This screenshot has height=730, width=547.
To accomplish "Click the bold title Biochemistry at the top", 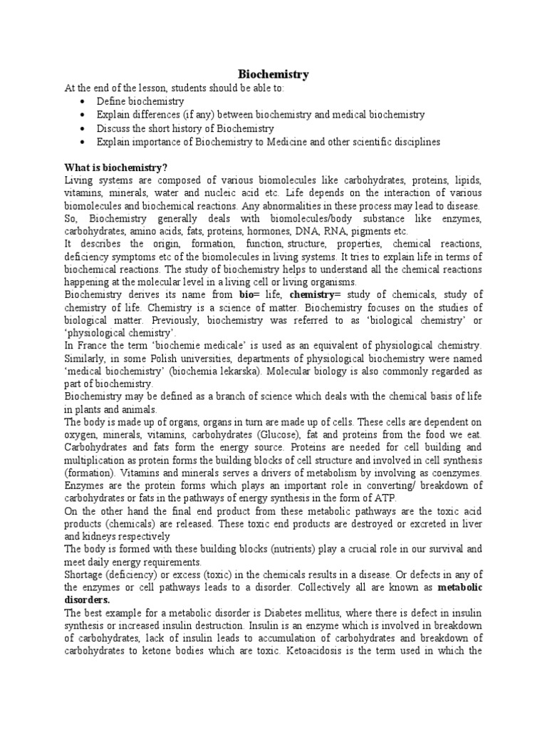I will click(x=273, y=74).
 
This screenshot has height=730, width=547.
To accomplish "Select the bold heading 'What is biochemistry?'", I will click(x=115, y=168).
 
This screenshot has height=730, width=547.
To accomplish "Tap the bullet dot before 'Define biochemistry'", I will click(x=83, y=103).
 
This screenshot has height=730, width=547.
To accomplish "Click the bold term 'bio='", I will click(x=249, y=295).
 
